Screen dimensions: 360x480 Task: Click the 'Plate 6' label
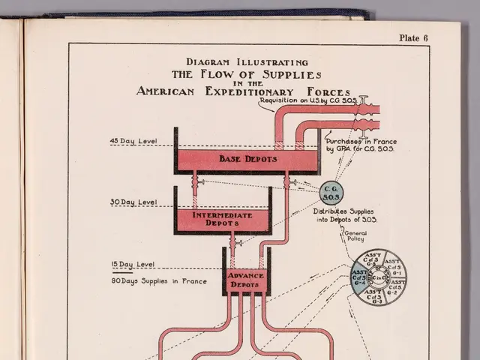(413, 38)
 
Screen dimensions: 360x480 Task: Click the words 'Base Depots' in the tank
(247, 159)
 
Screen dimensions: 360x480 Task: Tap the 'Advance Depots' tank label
(246, 280)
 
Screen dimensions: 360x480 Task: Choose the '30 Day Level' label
(133, 202)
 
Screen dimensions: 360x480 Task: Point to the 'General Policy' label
(355, 236)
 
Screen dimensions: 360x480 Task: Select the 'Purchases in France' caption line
(361, 141)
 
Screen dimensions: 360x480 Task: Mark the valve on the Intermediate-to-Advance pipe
(232, 241)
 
